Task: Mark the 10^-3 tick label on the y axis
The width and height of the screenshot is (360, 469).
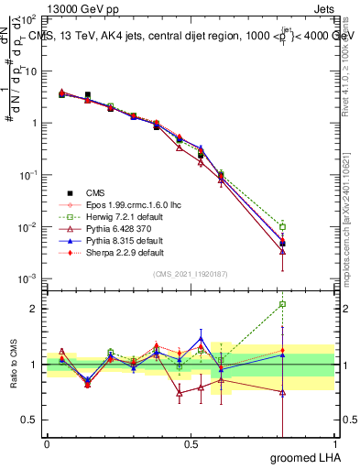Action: tap(28, 278)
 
